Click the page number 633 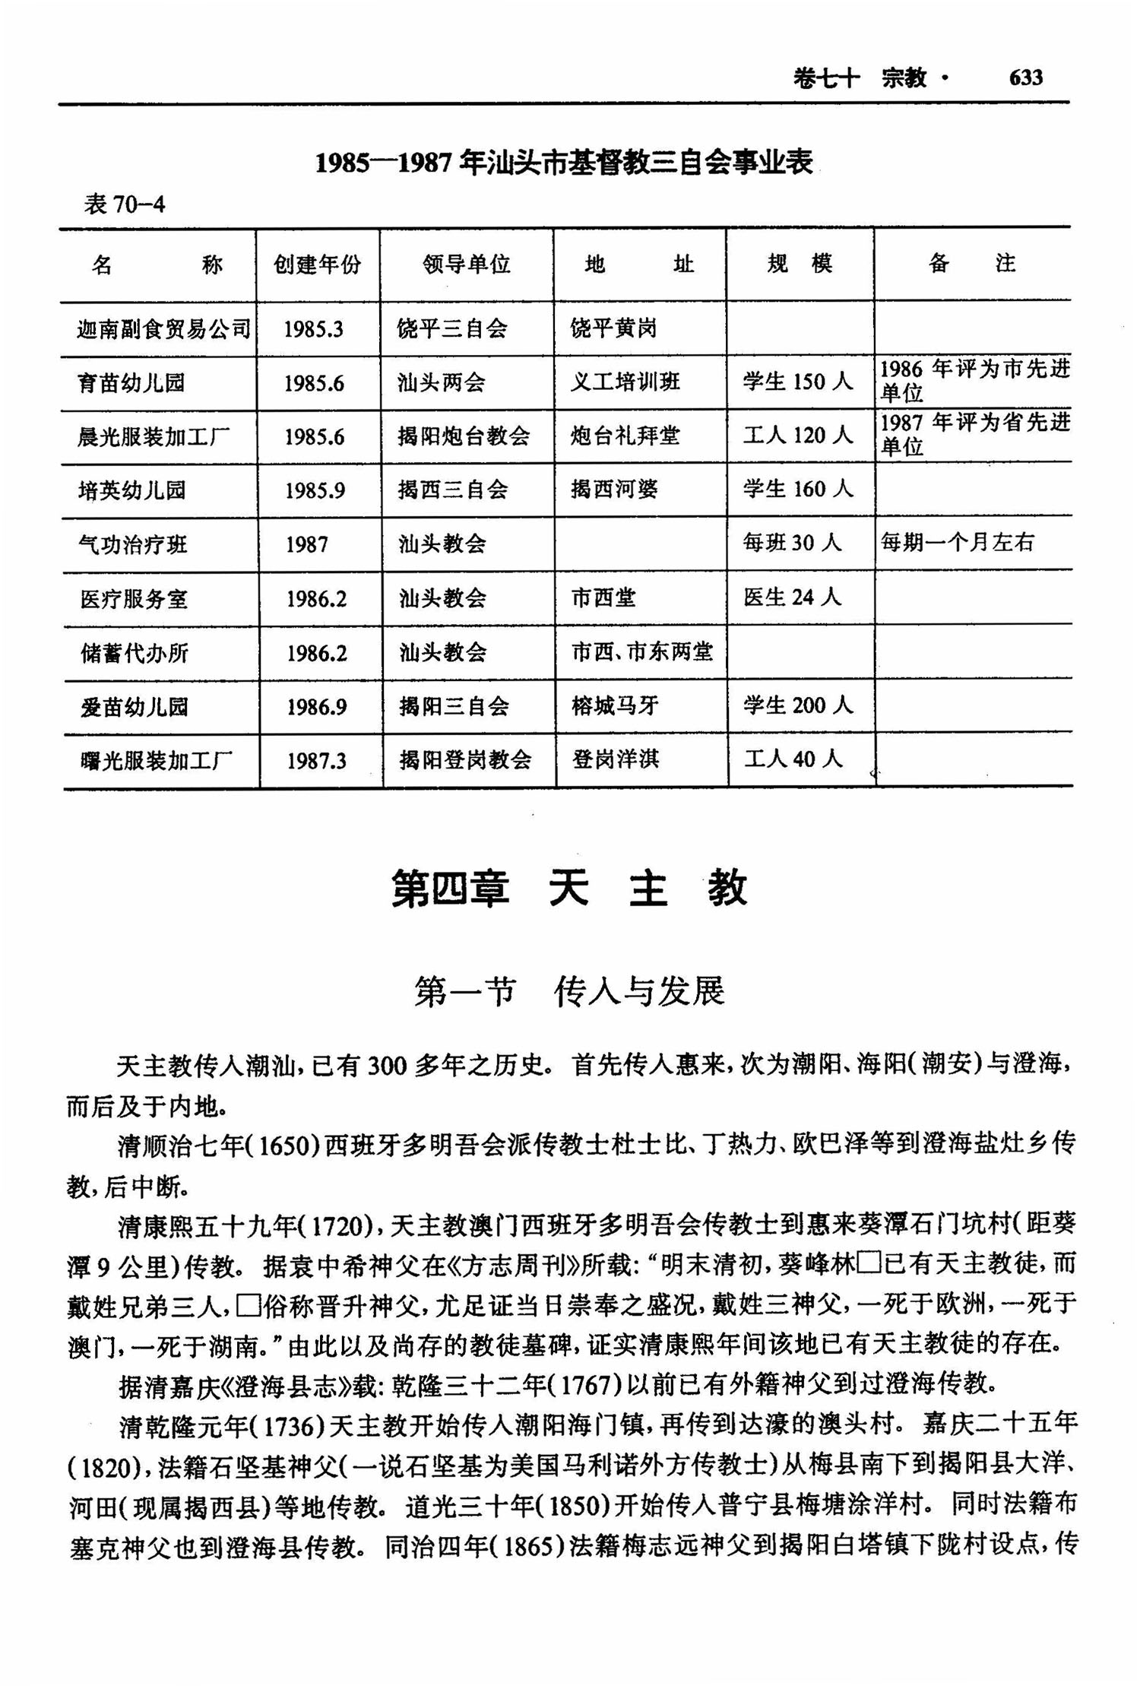pos(1025,78)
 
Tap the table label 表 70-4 pos(124,204)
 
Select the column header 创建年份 pos(318,265)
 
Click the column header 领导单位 pos(467,264)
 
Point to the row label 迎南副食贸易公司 pos(163,328)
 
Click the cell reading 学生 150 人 pos(798,382)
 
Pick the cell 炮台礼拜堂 pos(625,436)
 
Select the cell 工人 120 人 pos(798,436)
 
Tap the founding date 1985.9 pos(315,490)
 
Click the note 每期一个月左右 pos(957,542)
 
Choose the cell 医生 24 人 pos(793,597)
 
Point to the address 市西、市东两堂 pos(642,651)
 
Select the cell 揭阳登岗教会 pos(465,759)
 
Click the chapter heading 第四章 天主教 pos(569,888)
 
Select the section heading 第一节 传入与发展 pos(569,991)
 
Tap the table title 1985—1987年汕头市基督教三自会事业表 pos(564,162)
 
